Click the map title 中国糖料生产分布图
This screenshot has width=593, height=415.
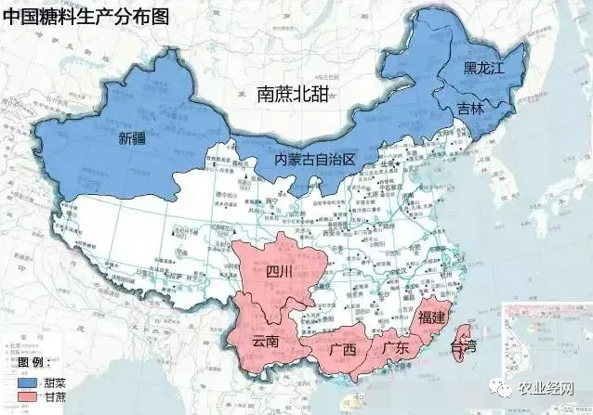pos(86,16)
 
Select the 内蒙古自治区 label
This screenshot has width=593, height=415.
pos(314,160)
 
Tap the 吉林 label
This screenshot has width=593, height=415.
pos(471,109)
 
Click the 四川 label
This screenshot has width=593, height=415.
pos(279,273)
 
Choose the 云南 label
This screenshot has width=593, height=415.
pos(265,341)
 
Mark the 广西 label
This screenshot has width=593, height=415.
pos(343,350)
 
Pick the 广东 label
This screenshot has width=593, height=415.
pos(396,348)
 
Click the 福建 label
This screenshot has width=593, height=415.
pos(434,318)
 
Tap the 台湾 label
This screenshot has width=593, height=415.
pos(462,347)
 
